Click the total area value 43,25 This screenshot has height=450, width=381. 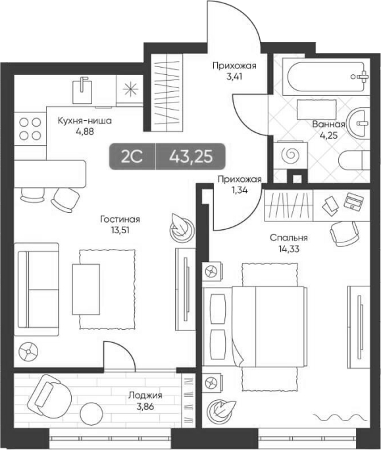(191, 157)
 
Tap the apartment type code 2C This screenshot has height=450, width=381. (132, 157)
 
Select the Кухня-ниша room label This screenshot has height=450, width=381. (84, 120)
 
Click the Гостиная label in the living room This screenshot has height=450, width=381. (120, 219)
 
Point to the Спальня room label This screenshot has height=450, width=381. (289, 238)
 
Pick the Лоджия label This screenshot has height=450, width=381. (145, 395)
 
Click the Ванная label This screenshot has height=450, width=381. (328, 125)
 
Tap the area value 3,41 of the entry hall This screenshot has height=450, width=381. (234, 77)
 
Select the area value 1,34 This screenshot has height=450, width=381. (240, 190)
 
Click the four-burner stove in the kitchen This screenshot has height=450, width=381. (30, 129)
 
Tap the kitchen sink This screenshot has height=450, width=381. (82, 91)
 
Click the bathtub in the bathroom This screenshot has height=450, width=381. (326, 77)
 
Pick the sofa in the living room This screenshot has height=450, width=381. (36, 290)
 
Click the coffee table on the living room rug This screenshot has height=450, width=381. (86, 289)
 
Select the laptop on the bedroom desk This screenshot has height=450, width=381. (354, 200)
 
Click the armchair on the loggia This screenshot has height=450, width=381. (50, 396)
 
